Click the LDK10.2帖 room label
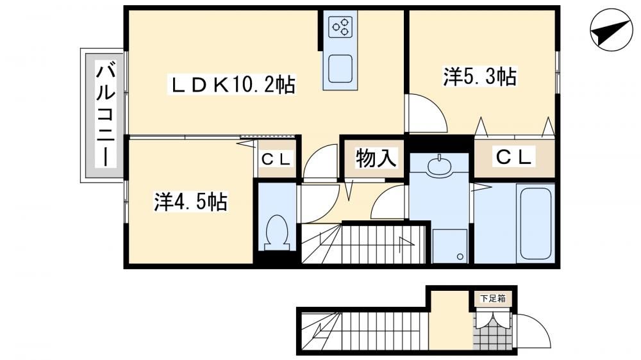point(231,85)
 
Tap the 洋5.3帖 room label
point(480,76)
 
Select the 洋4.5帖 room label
point(190,201)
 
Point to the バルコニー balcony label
point(106,114)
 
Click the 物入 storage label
point(376,158)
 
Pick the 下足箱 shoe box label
point(492,299)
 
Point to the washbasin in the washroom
point(439,165)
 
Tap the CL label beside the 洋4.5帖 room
point(276,160)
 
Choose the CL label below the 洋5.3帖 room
point(514,156)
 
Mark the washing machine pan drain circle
point(460,257)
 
